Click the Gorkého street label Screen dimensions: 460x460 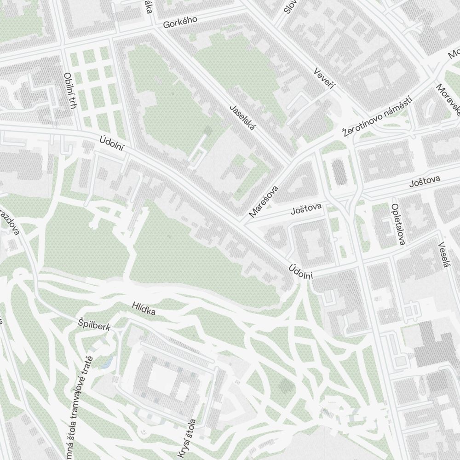180,22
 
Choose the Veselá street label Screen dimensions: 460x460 443,254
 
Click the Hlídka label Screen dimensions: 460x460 143,309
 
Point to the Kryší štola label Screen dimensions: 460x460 187,438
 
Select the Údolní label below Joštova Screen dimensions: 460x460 301,272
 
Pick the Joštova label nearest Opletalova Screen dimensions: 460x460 425,181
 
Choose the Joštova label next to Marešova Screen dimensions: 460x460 306,210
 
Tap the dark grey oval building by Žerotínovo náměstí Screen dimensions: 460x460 339,172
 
